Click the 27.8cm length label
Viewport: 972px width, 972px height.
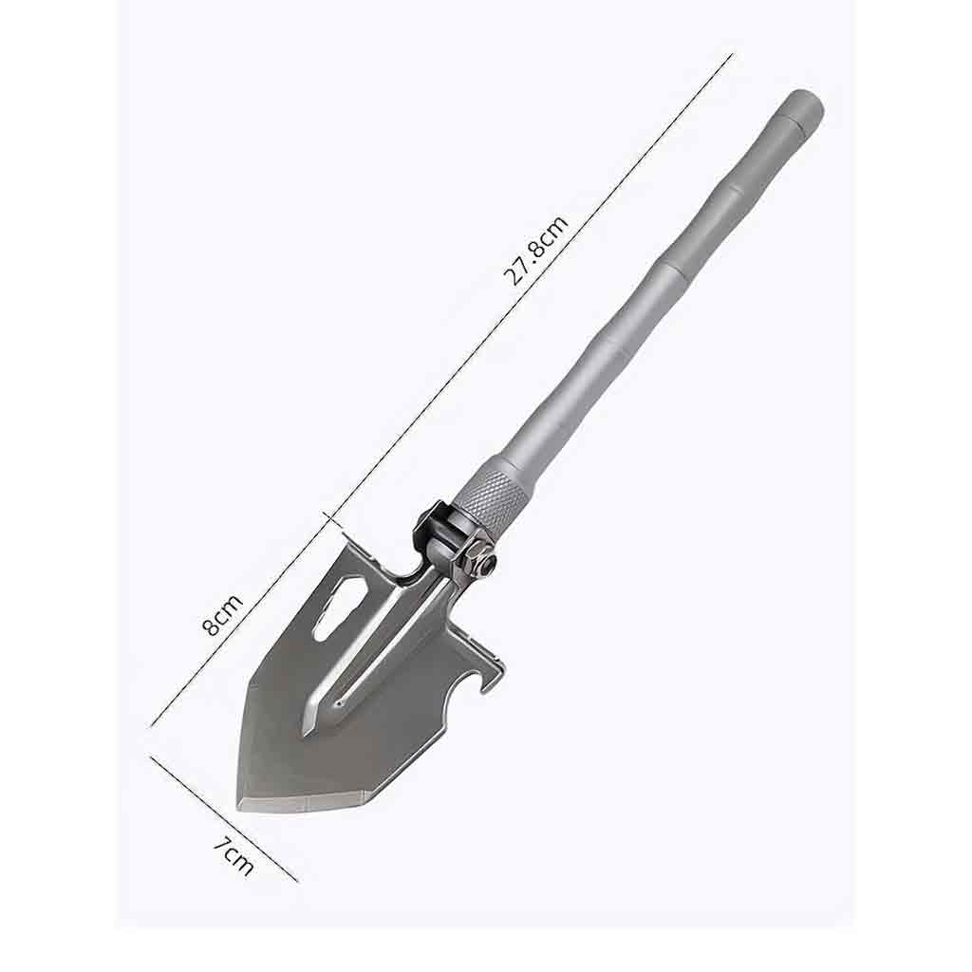click(x=537, y=250)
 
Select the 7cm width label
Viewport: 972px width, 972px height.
click(x=232, y=857)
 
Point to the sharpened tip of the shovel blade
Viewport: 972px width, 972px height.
click(x=239, y=805)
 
